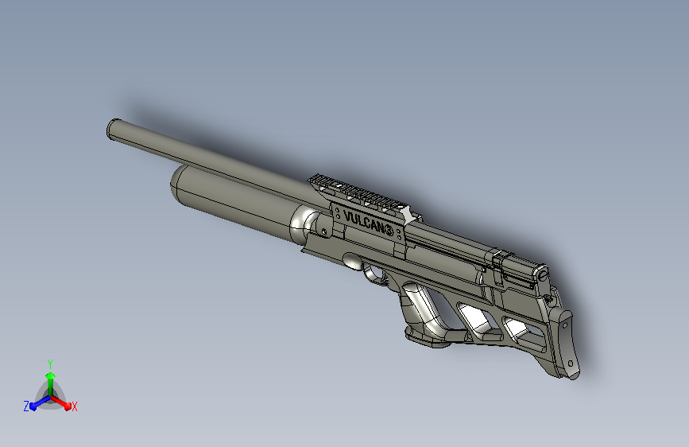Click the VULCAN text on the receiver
(363, 222)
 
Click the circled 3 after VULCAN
(389, 230)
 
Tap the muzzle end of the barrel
(114, 130)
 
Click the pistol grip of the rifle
(422, 313)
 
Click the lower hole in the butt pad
(571, 363)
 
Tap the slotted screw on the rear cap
(542, 275)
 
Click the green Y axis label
(50, 363)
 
